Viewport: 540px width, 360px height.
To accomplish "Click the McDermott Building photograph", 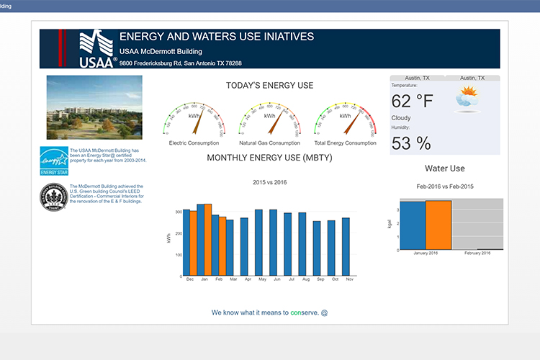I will pyautogui.click(x=94, y=107).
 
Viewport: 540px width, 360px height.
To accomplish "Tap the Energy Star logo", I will pyautogui.click(x=54, y=160).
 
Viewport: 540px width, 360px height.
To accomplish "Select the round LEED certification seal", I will pyautogui.click(x=54, y=197).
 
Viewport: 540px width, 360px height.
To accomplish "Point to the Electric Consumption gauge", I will pyautogui.click(x=193, y=120).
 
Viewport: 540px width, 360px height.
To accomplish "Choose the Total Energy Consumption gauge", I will pyautogui.click(x=345, y=120).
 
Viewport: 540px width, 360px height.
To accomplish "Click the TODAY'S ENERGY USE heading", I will pyautogui.click(x=269, y=86).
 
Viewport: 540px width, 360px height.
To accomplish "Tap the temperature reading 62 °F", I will pyautogui.click(x=413, y=101).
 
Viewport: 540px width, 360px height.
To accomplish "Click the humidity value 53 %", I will pyautogui.click(x=411, y=143).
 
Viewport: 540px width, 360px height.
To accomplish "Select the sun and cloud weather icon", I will pyautogui.click(x=467, y=99).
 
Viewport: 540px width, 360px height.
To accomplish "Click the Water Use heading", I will pyautogui.click(x=444, y=168).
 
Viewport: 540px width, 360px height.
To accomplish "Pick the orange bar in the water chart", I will pyautogui.click(x=438, y=225).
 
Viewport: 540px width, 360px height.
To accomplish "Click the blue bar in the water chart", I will pyautogui.click(x=413, y=225).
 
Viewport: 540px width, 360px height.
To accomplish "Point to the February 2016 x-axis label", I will pyautogui.click(x=477, y=253).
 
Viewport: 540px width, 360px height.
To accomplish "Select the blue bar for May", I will pyautogui.click(x=258, y=243).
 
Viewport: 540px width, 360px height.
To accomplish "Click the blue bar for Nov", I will pyautogui.click(x=346, y=247).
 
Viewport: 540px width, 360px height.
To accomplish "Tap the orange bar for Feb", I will pyautogui.click(x=222, y=246).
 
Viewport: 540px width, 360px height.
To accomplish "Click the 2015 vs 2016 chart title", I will pyautogui.click(x=270, y=182).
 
